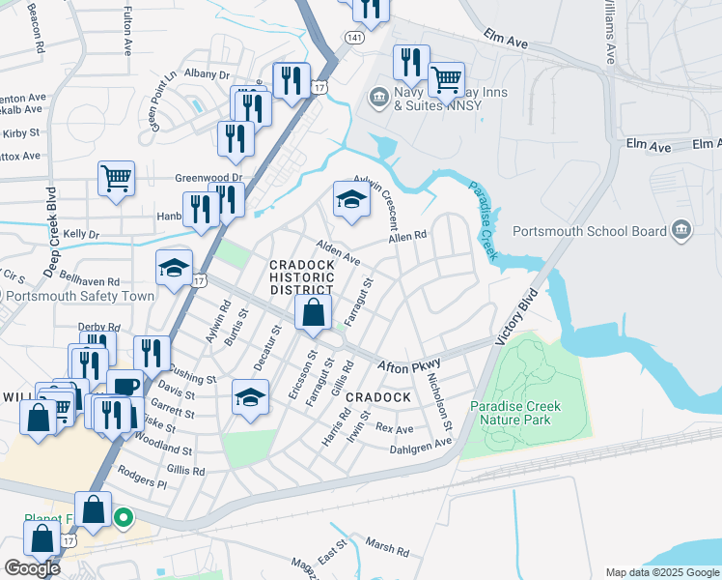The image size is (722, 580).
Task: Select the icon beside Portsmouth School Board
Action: [x=681, y=230]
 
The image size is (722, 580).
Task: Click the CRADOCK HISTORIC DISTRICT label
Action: [x=301, y=277]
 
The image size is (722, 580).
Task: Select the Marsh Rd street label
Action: [x=388, y=548]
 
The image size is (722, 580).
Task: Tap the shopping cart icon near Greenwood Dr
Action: [x=116, y=178]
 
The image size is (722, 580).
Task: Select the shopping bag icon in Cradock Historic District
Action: [x=314, y=313]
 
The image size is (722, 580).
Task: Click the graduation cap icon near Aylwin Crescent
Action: [x=351, y=199]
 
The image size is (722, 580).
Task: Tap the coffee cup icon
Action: [x=125, y=386]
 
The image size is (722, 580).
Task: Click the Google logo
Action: [x=32, y=568]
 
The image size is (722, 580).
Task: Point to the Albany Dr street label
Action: [x=209, y=74]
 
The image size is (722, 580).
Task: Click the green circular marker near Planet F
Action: [x=123, y=518]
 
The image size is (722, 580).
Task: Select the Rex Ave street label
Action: [x=394, y=427]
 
